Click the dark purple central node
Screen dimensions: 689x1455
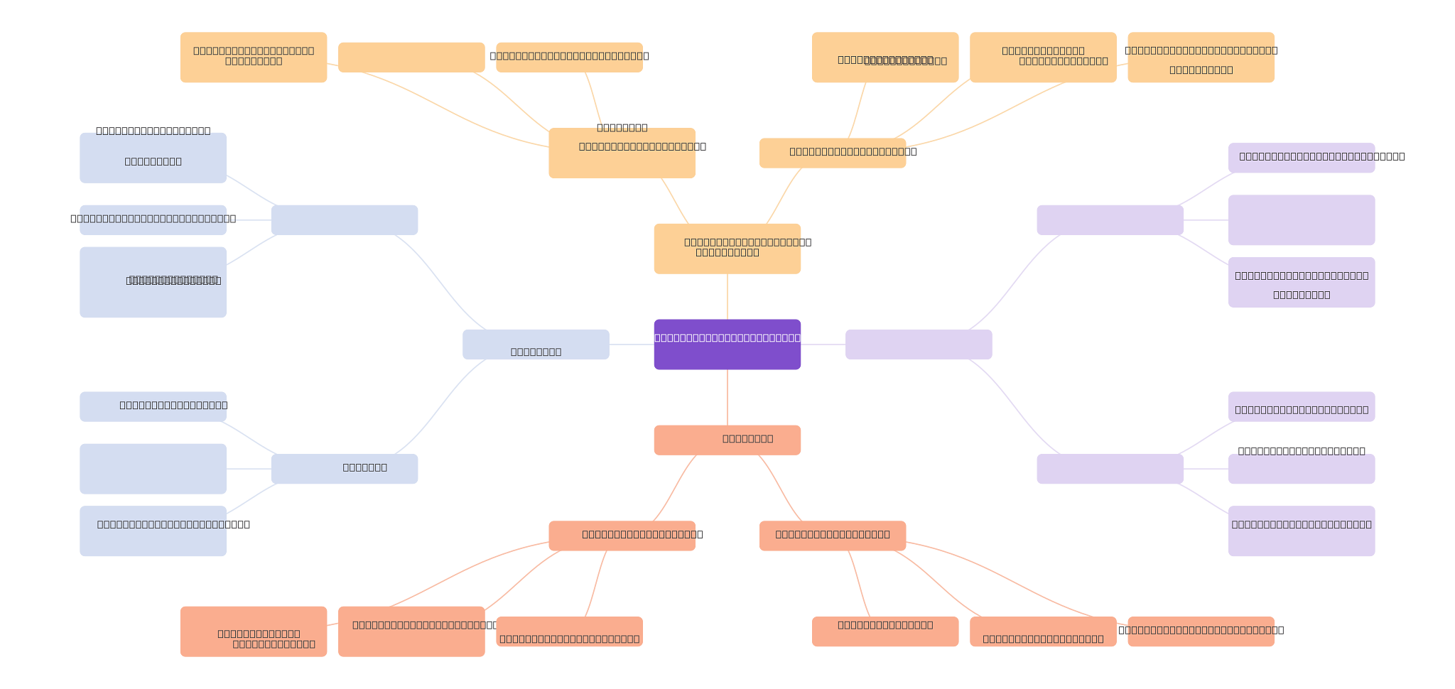pos(727,344)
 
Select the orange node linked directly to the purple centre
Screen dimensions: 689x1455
pos(727,249)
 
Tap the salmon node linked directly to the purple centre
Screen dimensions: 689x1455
pos(727,440)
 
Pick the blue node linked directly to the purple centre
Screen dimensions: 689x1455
pos(536,344)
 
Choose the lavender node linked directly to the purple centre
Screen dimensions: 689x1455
pos(918,344)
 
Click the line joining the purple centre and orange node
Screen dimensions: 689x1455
pos(727,296)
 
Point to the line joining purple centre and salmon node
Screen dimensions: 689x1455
pos(727,397)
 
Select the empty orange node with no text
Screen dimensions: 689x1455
pos(411,57)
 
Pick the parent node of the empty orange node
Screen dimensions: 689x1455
pos(622,153)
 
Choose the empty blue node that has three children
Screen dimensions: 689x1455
pos(344,219)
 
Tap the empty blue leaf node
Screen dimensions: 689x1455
pos(153,469)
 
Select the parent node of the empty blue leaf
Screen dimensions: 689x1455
pos(344,469)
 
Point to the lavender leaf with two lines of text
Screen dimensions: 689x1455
pos(1301,282)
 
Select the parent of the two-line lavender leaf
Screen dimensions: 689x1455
pos(1110,219)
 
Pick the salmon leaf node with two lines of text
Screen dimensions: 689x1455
pos(253,631)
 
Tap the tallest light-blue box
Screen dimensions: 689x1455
pos(153,282)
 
